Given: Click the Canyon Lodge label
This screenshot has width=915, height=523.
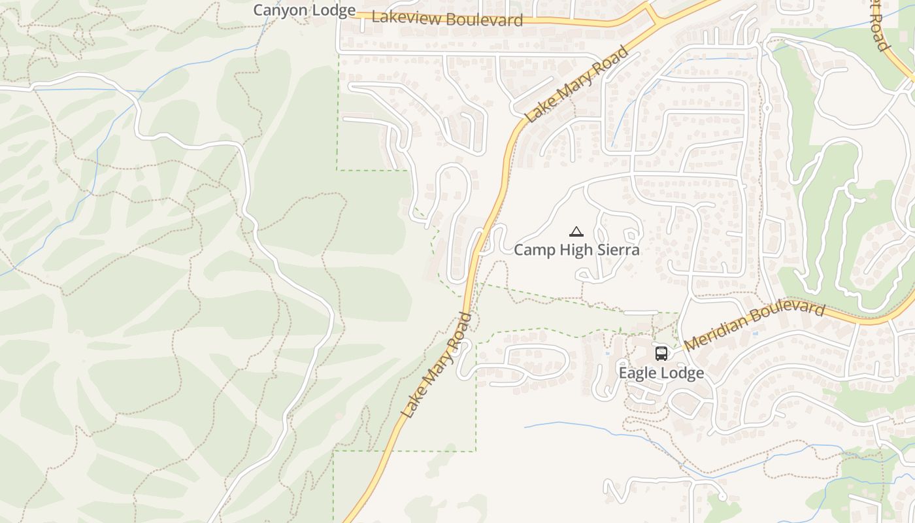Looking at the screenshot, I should [x=304, y=10].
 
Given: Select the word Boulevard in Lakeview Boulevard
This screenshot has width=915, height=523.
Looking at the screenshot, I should [x=485, y=20].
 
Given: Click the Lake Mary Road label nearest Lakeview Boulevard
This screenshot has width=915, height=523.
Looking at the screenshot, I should [x=576, y=84].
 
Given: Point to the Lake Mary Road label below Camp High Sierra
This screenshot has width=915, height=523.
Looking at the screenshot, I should [x=437, y=366].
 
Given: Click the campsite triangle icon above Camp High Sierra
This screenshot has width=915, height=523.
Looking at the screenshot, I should [x=576, y=231].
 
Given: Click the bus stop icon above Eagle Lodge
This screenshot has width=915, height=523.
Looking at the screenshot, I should [x=661, y=354].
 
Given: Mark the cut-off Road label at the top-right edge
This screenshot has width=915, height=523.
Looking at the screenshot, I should [x=880, y=25].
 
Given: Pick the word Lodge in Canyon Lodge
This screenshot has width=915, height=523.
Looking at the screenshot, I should [x=333, y=10].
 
